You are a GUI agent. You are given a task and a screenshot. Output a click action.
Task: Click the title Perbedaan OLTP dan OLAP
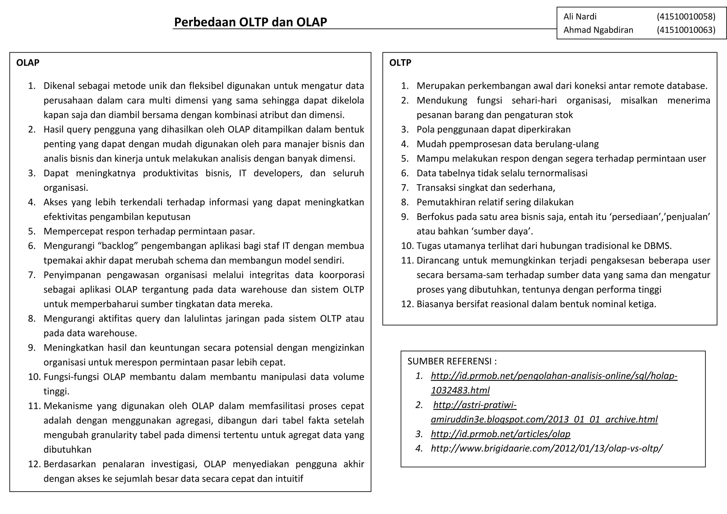(250, 22)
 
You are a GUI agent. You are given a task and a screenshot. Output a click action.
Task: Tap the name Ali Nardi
(580, 17)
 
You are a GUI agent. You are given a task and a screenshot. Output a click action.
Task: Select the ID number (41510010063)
(686, 30)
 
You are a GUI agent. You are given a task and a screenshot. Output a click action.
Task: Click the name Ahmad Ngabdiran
(598, 30)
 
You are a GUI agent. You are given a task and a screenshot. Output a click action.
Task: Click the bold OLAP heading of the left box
(28, 63)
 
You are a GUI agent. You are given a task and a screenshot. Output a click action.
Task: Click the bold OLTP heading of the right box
(400, 63)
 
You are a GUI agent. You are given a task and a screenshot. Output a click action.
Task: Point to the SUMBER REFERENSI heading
(452, 361)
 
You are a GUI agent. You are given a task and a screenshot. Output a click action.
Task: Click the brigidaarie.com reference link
(546, 448)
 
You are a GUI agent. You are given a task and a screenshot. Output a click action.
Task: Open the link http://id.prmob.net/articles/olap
(501, 434)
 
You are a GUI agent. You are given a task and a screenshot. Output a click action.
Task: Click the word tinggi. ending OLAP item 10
(56, 392)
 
